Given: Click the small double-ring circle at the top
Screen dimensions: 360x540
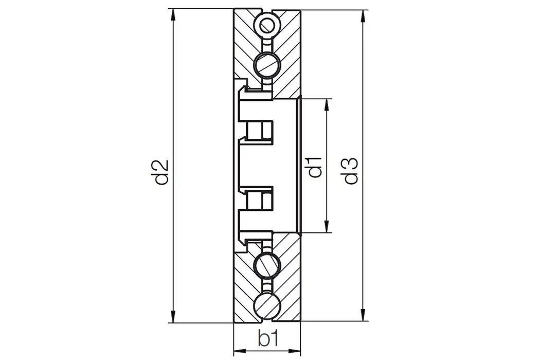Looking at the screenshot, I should point(267,24).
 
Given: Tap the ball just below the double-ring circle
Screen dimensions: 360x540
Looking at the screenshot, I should point(268,64).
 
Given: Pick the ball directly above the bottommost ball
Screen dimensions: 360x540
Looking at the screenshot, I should point(268,265).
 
